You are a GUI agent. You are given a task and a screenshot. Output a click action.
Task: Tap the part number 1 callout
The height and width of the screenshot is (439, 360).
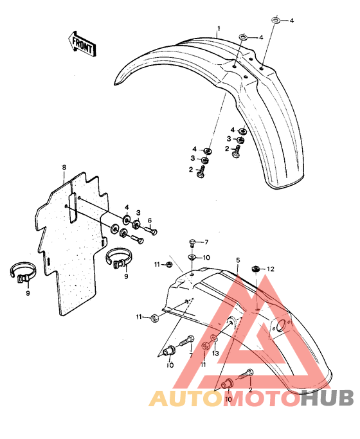pyautogui.click(x=219, y=28)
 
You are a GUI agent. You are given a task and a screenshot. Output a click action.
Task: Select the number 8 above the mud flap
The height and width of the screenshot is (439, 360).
pyautogui.click(x=64, y=167)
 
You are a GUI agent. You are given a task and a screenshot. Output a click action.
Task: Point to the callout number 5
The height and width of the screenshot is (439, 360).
pyautogui.click(x=238, y=260)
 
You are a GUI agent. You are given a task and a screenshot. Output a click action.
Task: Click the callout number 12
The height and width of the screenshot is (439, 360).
pyautogui.click(x=271, y=269)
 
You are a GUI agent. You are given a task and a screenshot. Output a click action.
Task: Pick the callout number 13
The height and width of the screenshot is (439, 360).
pyautogui.click(x=215, y=354)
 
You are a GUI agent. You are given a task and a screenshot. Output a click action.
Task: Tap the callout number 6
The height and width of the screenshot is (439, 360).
pyautogui.click(x=150, y=220)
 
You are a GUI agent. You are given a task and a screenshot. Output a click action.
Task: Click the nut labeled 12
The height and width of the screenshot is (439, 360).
pyautogui.click(x=255, y=269)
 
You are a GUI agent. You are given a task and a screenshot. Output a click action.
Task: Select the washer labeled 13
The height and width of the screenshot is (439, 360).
pyautogui.click(x=213, y=338)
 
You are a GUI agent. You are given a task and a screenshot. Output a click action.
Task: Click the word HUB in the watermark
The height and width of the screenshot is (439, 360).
pyautogui.click(x=327, y=398)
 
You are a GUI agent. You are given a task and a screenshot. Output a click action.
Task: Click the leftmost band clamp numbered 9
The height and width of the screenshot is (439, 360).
pyautogui.click(x=23, y=273)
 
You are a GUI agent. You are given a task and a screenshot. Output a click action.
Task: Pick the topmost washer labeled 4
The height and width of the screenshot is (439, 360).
pyautogui.click(x=276, y=20)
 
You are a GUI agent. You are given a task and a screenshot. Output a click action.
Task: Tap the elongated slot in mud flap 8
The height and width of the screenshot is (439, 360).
pyautogui.click(x=73, y=207)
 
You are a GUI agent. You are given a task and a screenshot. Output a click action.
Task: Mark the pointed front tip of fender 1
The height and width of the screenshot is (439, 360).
pyautogui.click(x=115, y=84)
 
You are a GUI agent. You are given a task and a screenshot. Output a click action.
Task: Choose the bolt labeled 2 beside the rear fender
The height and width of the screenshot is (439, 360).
pyautogui.click(x=246, y=374)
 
